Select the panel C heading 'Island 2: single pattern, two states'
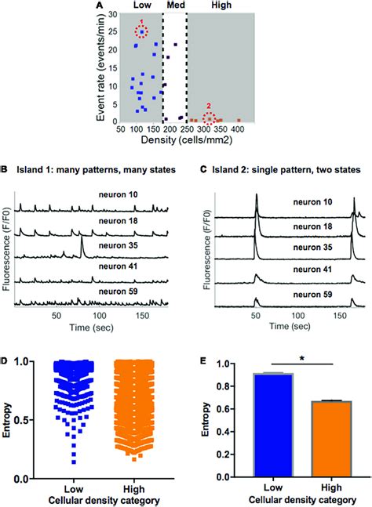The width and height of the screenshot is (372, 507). [281, 169]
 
